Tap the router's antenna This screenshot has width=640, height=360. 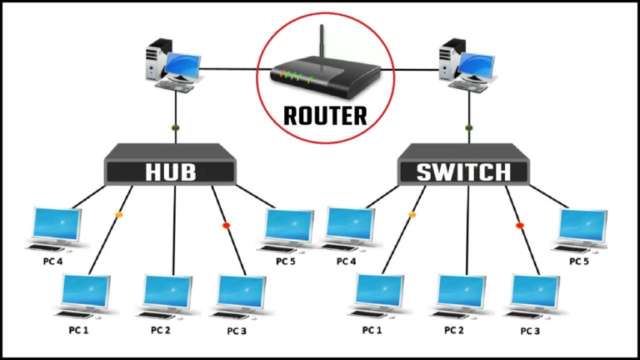(321, 42)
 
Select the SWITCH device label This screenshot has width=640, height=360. (464, 172)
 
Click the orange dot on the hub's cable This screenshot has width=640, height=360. (118, 215)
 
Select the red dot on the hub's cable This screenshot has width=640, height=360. (226, 225)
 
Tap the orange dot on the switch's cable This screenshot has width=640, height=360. (412, 216)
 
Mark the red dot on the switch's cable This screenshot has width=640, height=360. (520, 225)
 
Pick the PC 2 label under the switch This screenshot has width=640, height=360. (454, 330)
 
